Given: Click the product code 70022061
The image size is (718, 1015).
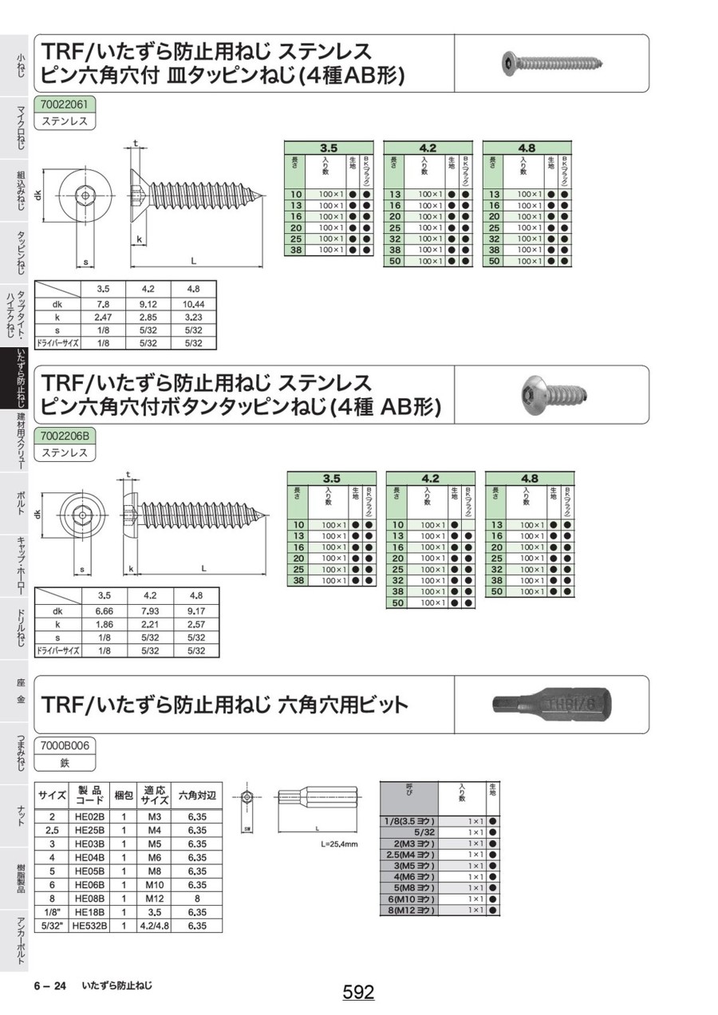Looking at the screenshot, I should tap(67, 104).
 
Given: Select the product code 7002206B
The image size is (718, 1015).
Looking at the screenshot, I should tap(67, 436).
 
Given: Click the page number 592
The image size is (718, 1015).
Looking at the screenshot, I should tap(359, 992).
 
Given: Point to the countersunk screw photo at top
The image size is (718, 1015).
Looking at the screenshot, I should tap(550, 63).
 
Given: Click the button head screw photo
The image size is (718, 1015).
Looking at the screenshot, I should tap(550, 393).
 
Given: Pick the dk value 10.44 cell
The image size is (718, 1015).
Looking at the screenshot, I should tap(193, 304).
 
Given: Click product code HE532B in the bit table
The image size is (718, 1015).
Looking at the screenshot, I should tap(89, 926).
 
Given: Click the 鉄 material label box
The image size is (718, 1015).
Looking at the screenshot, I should tap(65, 763).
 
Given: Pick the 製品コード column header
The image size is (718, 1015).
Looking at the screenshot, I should tap(89, 796).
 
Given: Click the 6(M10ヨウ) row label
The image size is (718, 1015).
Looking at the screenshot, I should tap(411, 898).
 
